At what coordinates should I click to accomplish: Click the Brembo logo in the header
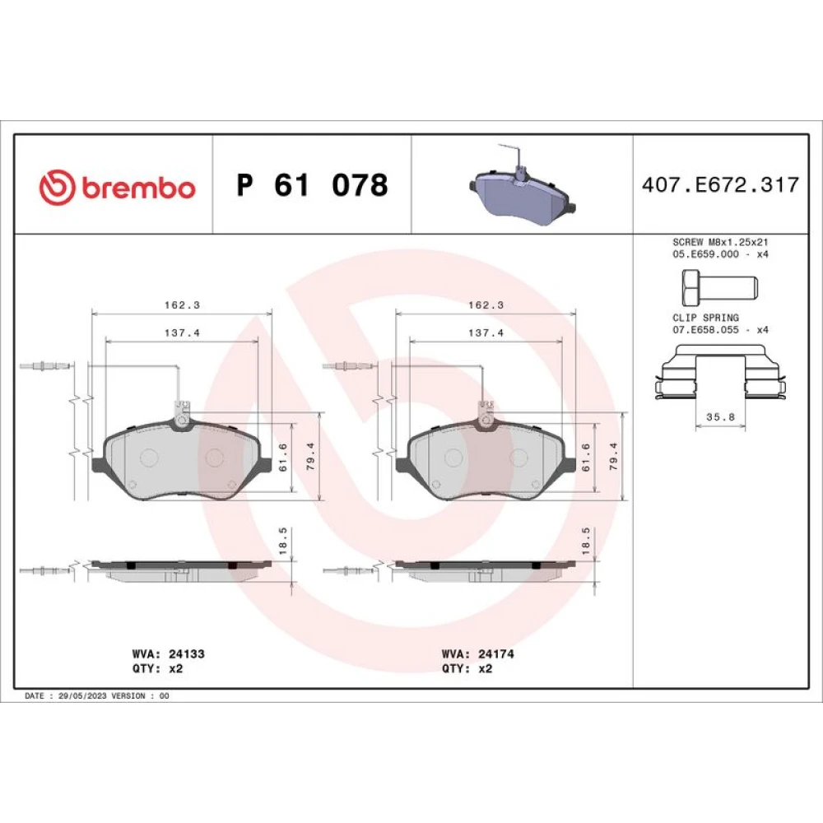117,187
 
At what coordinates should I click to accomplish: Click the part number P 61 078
312,184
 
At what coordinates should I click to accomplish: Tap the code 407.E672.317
720,184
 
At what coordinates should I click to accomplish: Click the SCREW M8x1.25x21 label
720,243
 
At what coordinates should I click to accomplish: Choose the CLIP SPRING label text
705,318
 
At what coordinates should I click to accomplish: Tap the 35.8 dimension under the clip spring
720,417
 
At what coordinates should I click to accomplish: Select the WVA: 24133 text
168,654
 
